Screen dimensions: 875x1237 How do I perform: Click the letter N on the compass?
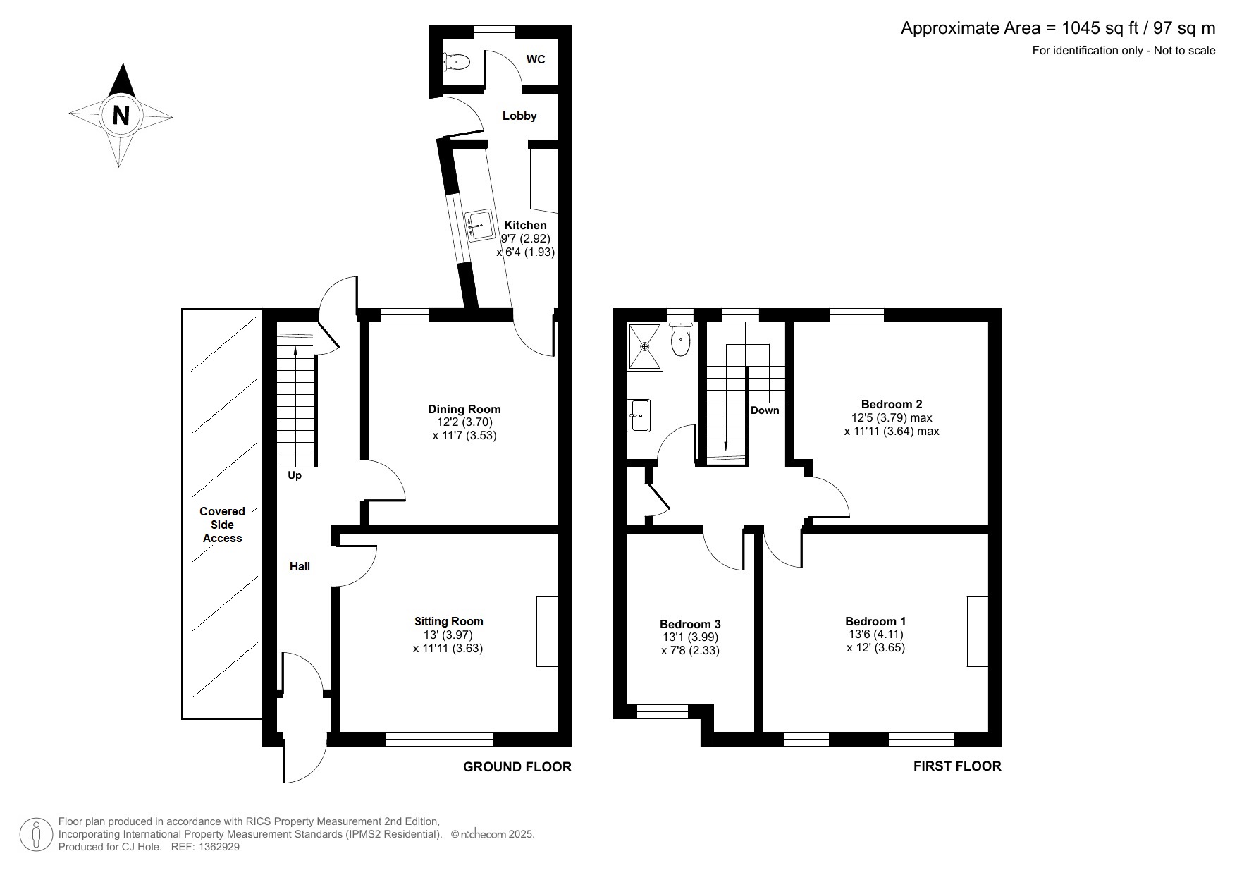point(121,115)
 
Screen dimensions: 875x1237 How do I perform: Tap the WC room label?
point(536,60)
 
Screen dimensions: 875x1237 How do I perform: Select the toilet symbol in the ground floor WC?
point(457,62)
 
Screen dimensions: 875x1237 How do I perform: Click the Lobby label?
point(519,116)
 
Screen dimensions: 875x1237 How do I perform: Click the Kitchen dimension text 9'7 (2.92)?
point(525,239)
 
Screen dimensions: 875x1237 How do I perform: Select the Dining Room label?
point(464,409)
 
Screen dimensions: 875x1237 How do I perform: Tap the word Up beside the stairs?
point(295,476)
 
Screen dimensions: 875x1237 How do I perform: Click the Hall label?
point(300,566)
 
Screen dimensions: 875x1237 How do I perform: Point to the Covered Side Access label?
point(222,525)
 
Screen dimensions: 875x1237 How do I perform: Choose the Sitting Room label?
point(448,621)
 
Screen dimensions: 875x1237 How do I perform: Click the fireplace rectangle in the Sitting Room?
point(547,631)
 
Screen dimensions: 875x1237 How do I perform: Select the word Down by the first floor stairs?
point(765,410)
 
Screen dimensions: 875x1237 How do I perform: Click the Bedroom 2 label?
point(892,404)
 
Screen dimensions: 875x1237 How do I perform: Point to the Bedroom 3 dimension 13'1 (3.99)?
point(690,637)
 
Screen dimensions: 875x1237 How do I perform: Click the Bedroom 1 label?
point(875,621)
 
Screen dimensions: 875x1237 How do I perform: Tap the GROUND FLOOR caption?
point(517,766)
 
